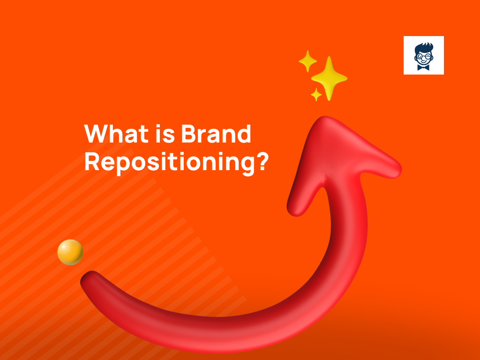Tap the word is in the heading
coord(159,135)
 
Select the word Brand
coord(215,135)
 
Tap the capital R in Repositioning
coord(92,162)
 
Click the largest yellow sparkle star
coord(329,78)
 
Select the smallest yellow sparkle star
coord(316,95)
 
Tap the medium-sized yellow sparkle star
coord(307,61)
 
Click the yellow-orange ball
coord(70,252)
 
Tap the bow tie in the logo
coord(423,67)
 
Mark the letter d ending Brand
coord(244,135)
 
